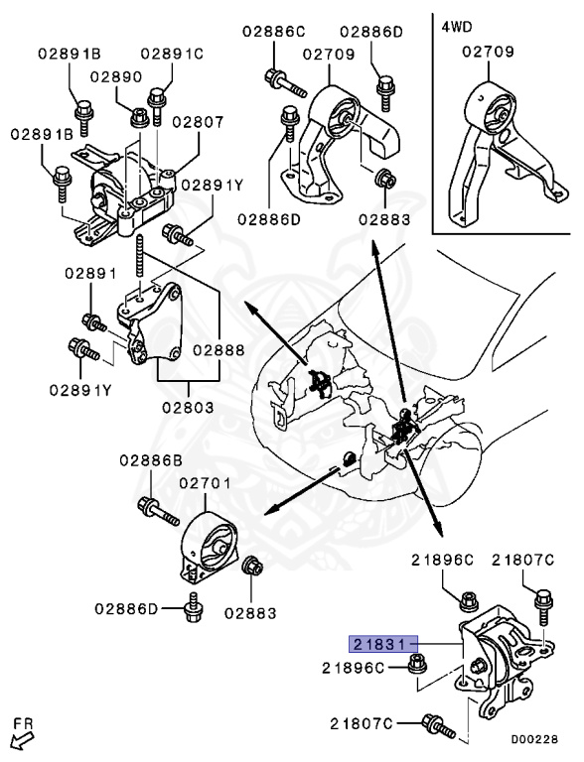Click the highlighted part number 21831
click(383, 642)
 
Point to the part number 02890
click(115, 76)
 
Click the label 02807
click(197, 122)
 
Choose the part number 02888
click(218, 349)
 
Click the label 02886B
click(151, 460)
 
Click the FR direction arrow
click(20, 738)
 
